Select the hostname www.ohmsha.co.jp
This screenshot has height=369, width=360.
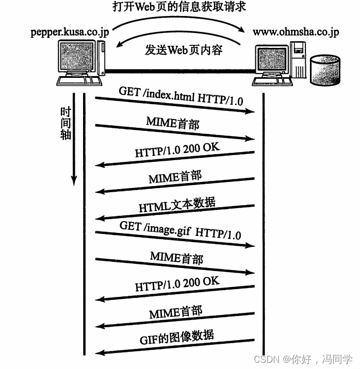(296, 32)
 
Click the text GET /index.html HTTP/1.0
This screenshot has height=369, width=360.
(181, 95)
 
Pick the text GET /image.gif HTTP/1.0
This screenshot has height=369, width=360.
(180, 230)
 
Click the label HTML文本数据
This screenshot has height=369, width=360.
(177, 205)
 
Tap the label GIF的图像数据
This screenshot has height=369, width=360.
(177, 338)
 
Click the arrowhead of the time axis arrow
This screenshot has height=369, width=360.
(74, 180)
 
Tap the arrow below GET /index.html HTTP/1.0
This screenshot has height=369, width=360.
(175, 105)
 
